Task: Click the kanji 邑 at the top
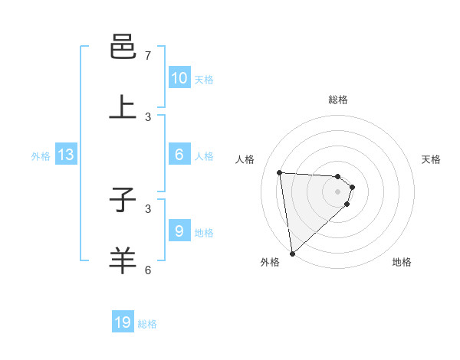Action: [123, 47]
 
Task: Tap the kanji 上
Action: [123, 107]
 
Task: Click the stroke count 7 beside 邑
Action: [148, 56]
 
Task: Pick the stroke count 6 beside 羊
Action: [148, 270]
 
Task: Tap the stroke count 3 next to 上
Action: [148, 116]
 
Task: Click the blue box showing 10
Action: [179, 78]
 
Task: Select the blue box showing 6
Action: [179, 155]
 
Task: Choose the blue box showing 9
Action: [179, 231]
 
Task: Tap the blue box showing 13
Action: [66, 155]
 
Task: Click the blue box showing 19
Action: [123, 322]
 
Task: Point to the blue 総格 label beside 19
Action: [147, 324]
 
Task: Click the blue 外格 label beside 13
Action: [41, 156]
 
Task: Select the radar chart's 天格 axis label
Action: [431, 159]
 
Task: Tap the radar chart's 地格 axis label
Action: [402, 262]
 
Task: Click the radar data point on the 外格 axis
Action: [292, 253]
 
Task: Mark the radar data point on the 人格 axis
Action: [280, 172]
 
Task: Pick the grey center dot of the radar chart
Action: [337, 191]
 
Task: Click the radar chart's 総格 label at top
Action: [338, 100]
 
